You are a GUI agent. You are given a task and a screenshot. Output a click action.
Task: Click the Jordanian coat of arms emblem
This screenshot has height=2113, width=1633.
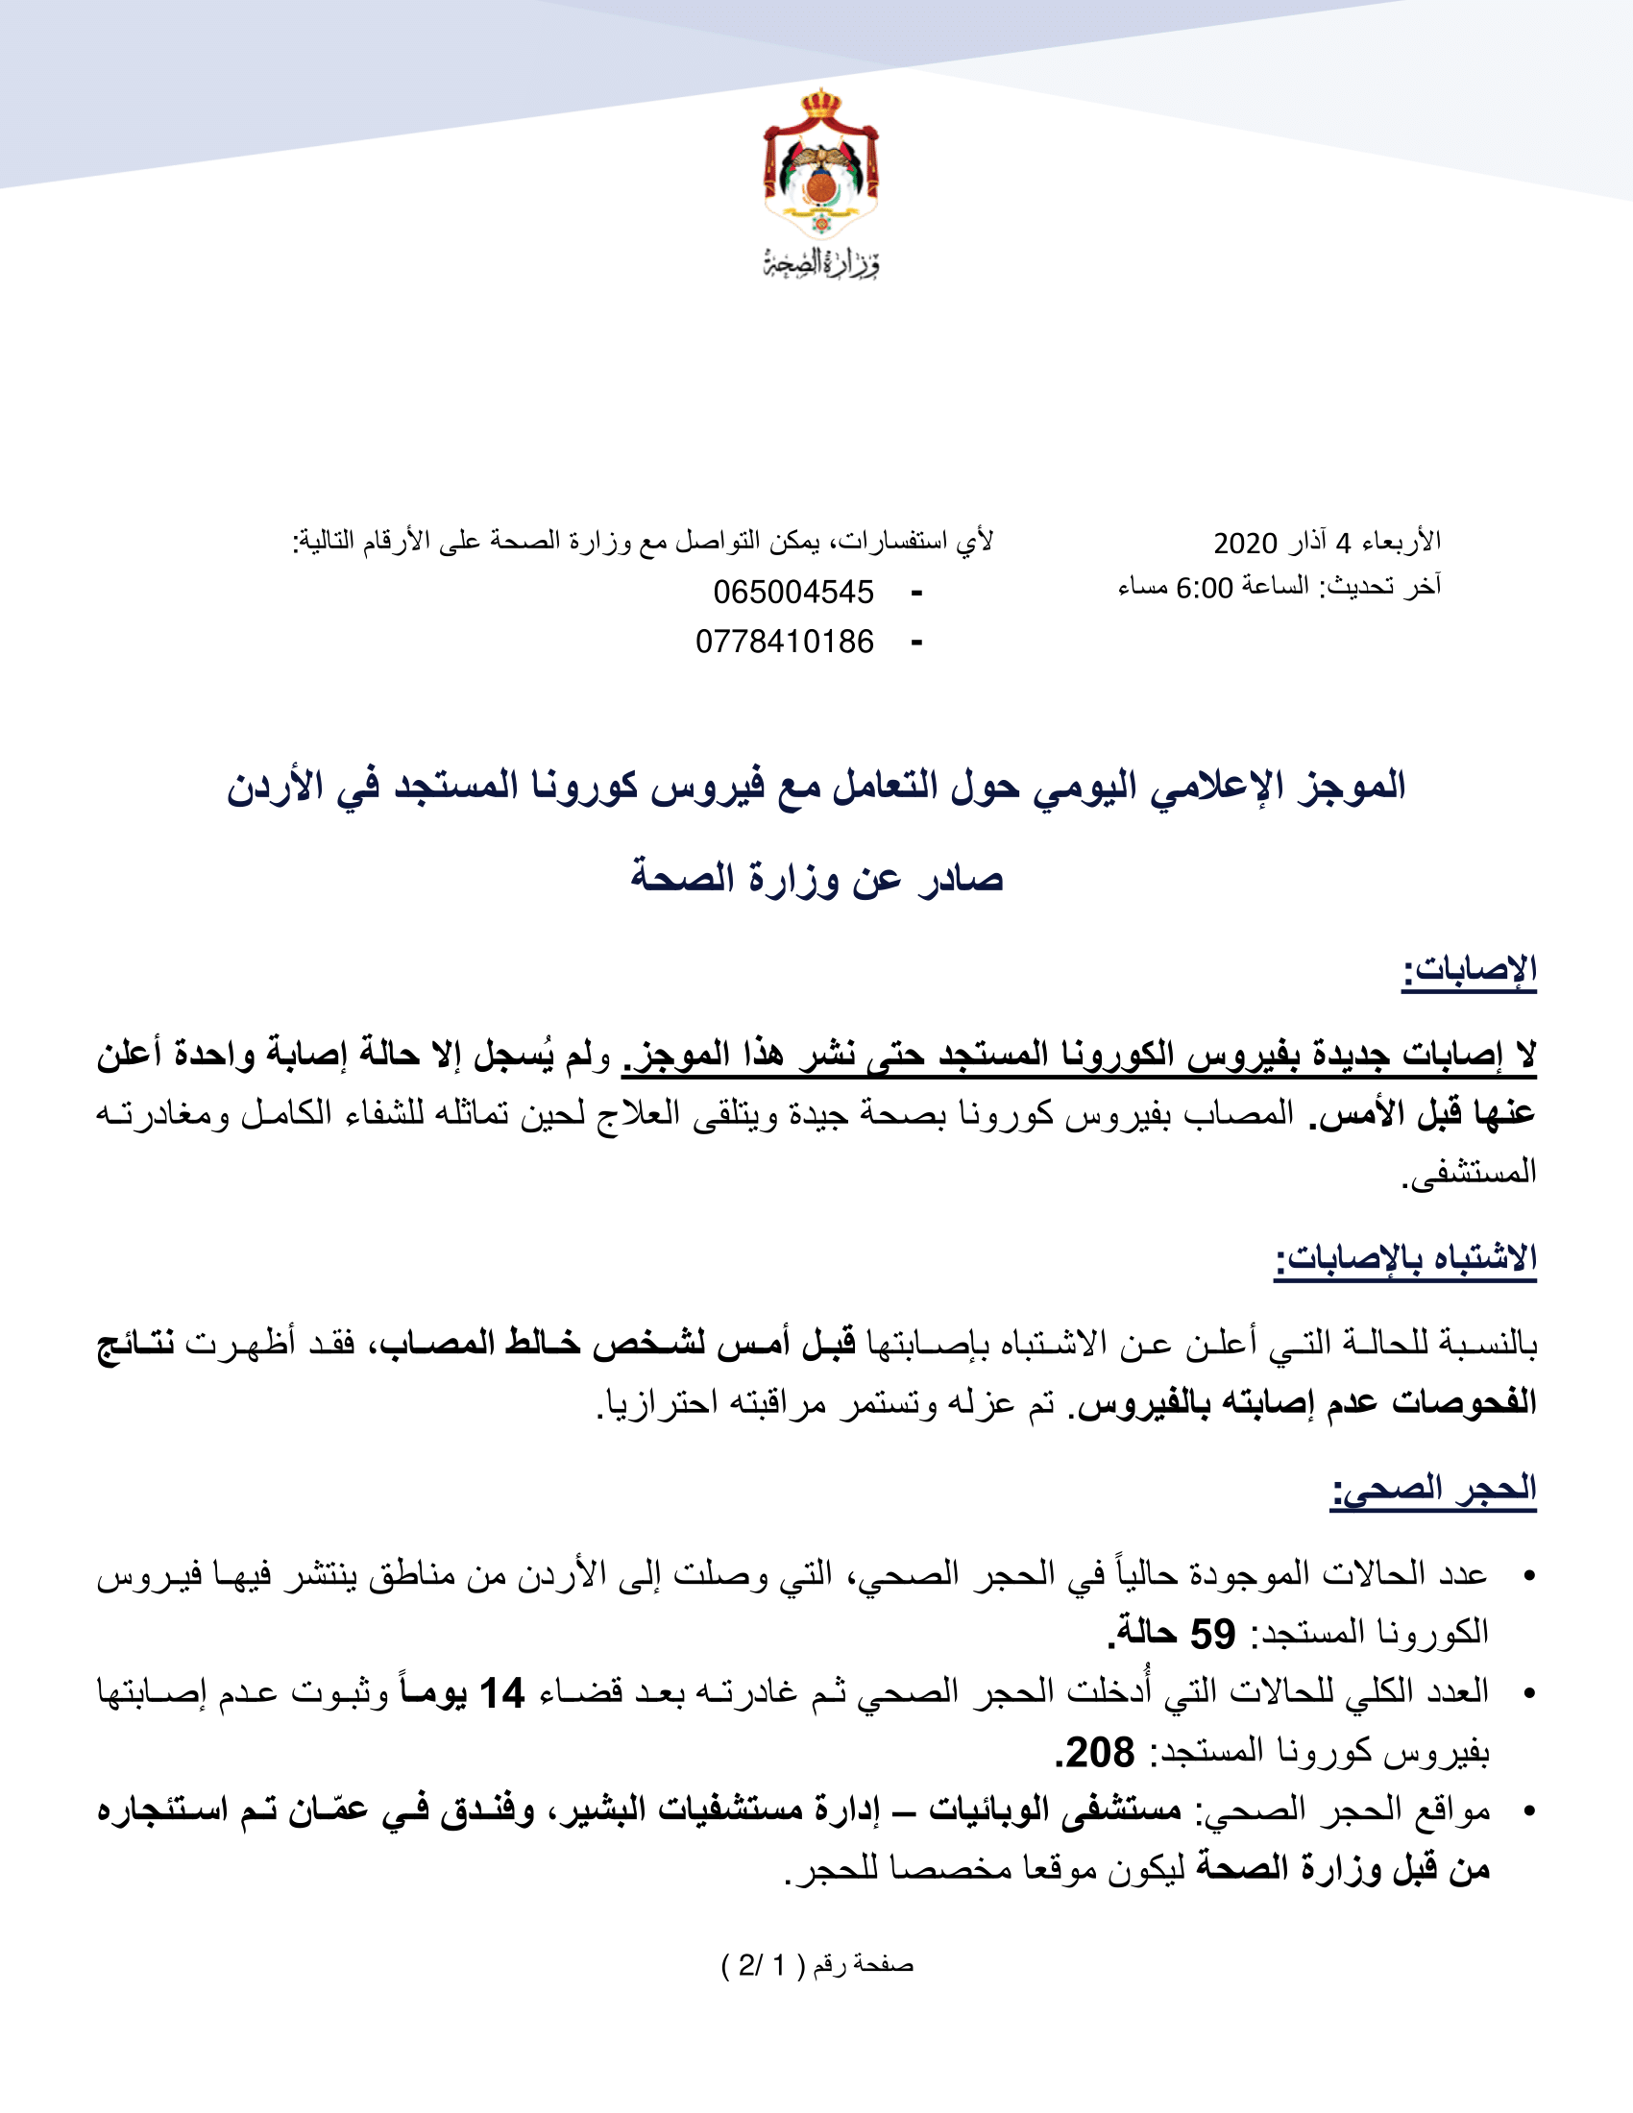(820, 164)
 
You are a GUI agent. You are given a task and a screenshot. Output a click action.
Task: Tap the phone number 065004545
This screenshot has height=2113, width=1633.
(793, 592)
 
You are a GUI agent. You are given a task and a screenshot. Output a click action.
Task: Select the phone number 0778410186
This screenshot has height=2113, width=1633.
(785, 642)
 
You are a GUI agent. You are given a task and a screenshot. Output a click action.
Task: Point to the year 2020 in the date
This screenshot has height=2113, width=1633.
(1245, 543)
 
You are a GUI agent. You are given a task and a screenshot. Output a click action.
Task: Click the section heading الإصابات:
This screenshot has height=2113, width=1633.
(1470, 969)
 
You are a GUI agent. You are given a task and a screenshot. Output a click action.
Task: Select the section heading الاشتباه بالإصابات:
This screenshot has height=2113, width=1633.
(1404, 1259)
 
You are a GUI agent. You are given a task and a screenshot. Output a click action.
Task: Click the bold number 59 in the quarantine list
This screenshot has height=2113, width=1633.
(1212, 1634)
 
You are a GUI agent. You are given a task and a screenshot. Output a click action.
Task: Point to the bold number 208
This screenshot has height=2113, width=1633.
(1100, 1752)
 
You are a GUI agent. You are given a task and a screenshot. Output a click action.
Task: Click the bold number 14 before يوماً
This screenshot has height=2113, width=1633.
(501, 1693)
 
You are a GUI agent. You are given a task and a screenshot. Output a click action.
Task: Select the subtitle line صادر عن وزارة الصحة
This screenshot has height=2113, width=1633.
(816, 879)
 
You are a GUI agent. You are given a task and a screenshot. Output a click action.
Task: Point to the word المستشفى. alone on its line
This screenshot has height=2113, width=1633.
(1470, 1173)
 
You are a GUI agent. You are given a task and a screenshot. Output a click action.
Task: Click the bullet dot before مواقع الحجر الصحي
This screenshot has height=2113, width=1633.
(1528, 1810)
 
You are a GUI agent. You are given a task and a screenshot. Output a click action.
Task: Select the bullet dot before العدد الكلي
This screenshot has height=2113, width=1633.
(1528, 1693)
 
